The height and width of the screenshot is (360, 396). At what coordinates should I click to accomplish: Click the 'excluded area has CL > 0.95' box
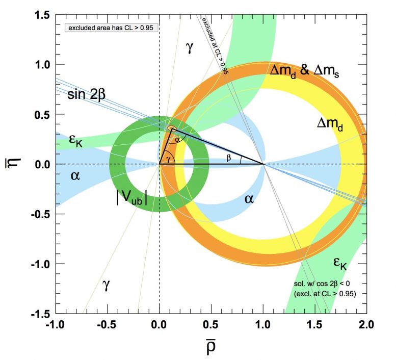112,28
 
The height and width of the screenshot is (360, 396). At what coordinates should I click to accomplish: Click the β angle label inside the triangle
229,158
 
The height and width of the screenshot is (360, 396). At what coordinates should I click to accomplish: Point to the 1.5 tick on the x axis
314,324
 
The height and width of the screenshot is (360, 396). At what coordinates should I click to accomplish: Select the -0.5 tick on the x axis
108,324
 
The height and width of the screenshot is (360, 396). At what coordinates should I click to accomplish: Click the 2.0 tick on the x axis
366,324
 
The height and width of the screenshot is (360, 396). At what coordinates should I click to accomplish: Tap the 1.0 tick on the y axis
42,65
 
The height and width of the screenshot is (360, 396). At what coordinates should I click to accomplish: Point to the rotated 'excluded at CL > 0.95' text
215,45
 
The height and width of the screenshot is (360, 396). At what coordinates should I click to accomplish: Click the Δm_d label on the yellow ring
330,124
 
